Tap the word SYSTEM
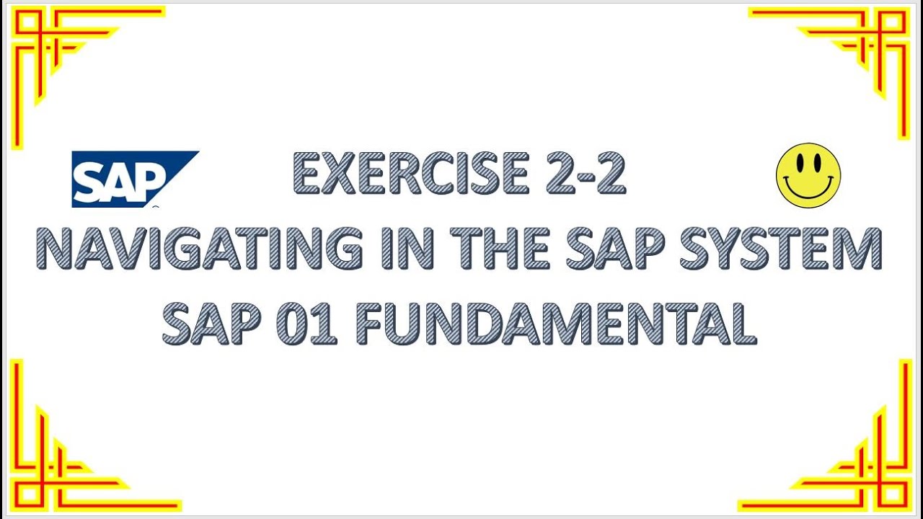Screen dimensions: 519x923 [782, 249]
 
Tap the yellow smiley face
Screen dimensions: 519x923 [808, 175]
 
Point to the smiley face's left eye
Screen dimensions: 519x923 [798, 164]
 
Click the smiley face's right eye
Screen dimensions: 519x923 [818, 164]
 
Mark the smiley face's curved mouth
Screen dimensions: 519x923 [808, 192]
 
